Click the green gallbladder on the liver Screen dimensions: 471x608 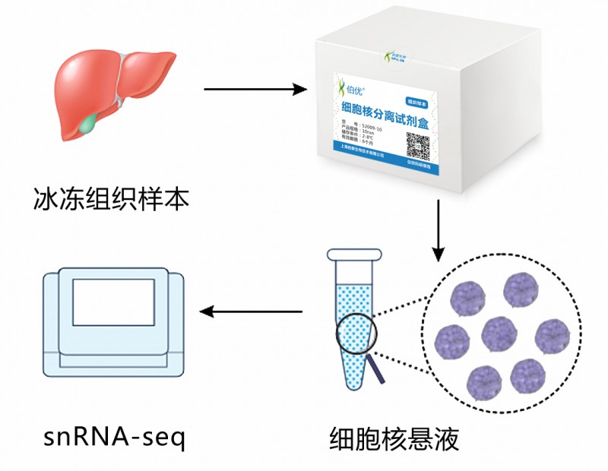92,120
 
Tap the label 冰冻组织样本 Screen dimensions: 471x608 111,199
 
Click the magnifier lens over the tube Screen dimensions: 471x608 354,334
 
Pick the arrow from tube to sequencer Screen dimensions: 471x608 255,311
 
